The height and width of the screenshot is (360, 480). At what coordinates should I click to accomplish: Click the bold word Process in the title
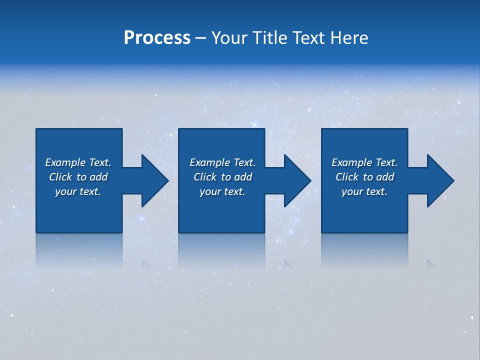click(157, 38)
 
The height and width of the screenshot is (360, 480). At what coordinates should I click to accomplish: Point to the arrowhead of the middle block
click(296, 180)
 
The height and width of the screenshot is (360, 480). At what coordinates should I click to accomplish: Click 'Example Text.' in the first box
click(78, 162)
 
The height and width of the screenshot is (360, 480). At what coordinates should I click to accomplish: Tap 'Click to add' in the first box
click(78, 177)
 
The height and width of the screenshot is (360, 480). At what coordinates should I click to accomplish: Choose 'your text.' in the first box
click(78, 191)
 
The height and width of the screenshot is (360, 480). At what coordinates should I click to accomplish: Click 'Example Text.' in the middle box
click(222, 162)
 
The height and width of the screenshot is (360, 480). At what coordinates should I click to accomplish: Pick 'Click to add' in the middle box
click(222, 177)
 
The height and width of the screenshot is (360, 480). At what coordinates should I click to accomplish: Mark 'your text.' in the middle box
click(222, 191)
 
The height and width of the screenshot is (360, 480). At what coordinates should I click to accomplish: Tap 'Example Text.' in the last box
click(364, 162)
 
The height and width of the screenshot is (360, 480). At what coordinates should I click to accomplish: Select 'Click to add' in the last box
click(364, 177)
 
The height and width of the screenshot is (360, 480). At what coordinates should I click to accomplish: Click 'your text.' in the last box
click(364, 191)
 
